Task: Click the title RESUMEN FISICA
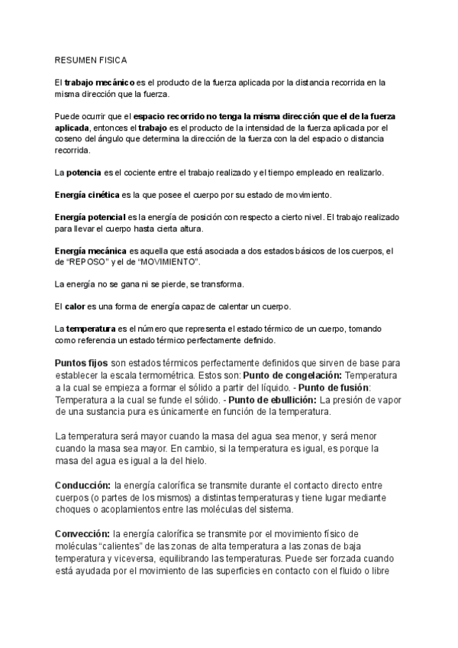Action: coord(91,59)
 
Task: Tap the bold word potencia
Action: coord(84,173)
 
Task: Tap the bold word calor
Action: coord(74,307)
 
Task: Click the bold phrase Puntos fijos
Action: coord(82,362)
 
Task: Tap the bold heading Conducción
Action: coord(82,485)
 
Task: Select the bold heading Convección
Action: coord(82,533)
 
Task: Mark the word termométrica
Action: coord(202,376)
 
